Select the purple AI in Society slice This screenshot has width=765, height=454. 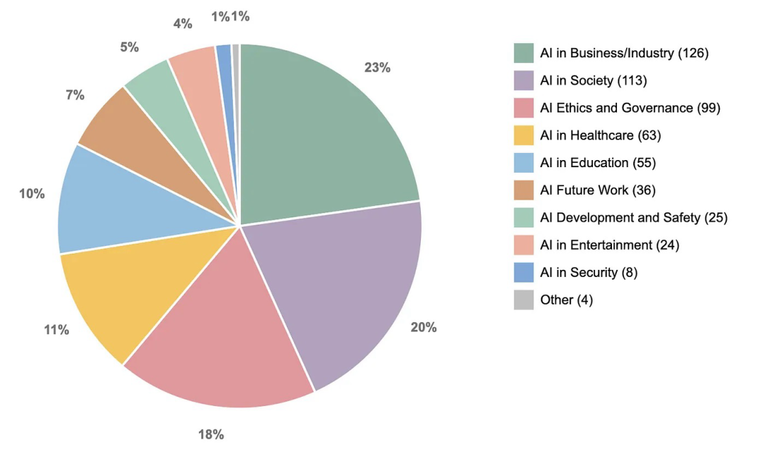click(x=340, y=283)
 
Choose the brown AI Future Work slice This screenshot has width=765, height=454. click(x=127, y=127)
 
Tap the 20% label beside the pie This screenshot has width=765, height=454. click(x=424, y=327)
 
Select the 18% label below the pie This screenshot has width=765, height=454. click(x=211, y=434)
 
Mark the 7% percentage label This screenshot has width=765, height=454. click(x=75, y=95)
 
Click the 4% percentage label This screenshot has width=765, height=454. click(x=183, y=23)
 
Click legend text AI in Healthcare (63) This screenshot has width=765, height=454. click(x=600, y=135)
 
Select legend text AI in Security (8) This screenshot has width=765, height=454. click(x=589, y=273)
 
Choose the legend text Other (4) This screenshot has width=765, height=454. click(x=566, y=300)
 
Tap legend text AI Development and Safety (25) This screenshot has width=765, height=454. click(x=633, y=217)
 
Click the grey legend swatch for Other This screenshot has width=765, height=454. click(x=523, y=300)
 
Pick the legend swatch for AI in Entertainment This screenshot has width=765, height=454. click(x=523, y=245)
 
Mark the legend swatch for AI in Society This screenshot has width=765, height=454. click(x=523, y=81)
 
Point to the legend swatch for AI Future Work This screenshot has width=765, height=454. click(x=523, y=191)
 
